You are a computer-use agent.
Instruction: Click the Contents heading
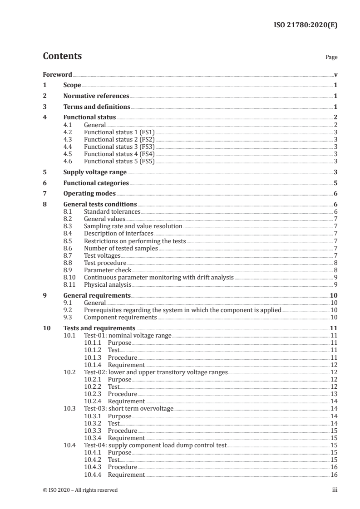pyautogui.click(x=62, y=56)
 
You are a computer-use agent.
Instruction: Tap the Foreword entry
pyautogui.click(x=57, y=74)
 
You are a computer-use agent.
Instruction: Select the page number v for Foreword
pyautogui.click(x=335, y=74)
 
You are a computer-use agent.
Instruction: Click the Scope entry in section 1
pyautogui.click(x=72, y=85)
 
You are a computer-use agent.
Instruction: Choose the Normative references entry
pyautogui.click(x=96, y=96)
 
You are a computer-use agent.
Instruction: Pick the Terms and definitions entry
pyautogui.click(x=96, y=107)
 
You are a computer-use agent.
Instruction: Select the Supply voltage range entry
pyautogui.click(x=94, y=172)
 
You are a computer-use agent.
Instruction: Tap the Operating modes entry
pyautogui.click(x=89, y=194)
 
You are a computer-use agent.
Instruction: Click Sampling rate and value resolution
pyautogui.click(x=133, y=226)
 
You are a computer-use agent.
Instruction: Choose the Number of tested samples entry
pyautogui.click(x=121, y=248)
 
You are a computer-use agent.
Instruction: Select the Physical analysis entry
pyautogui.click(x=107, y=284)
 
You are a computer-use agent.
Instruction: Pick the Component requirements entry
pyautogui.click(x=120, y=318)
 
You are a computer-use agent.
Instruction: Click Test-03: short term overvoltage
pyautogui.click(x=128, y=409)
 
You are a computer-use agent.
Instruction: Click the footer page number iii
pyautogui.click(x=335, y=490)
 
